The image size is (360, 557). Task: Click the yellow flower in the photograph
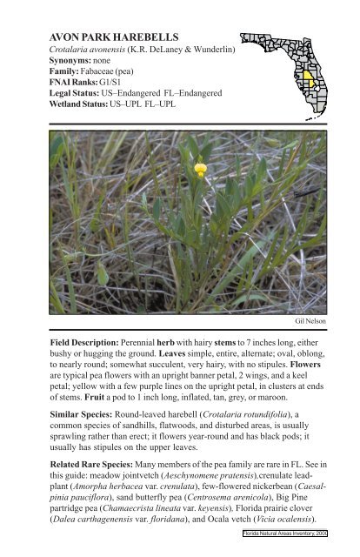click(x=201, y=168)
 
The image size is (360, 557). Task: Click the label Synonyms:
click(x=72, y=63)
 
